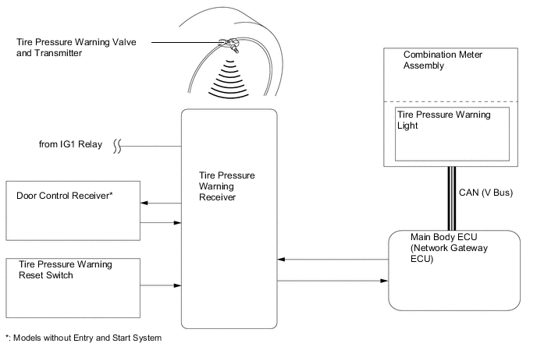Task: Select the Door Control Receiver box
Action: (71, 211)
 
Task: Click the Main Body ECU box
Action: (453, 270)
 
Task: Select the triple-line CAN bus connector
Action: (452, 198)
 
